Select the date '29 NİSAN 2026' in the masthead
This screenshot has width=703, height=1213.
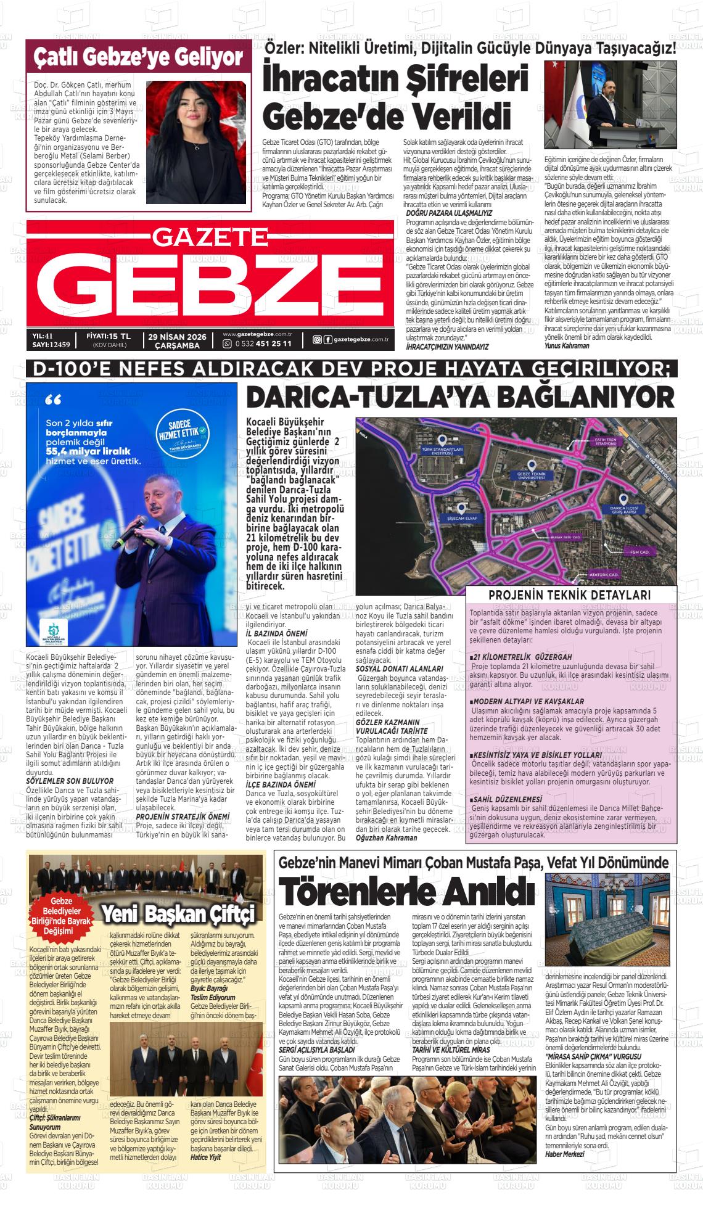[175, 336]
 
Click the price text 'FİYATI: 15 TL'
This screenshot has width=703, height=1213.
[109, 336]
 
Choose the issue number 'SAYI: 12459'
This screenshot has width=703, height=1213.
[51, 345]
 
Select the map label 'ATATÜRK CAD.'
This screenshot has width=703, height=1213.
[604, 575]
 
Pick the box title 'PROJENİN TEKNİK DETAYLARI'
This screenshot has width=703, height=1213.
[569, 595]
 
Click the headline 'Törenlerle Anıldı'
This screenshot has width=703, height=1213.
[406, 890]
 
